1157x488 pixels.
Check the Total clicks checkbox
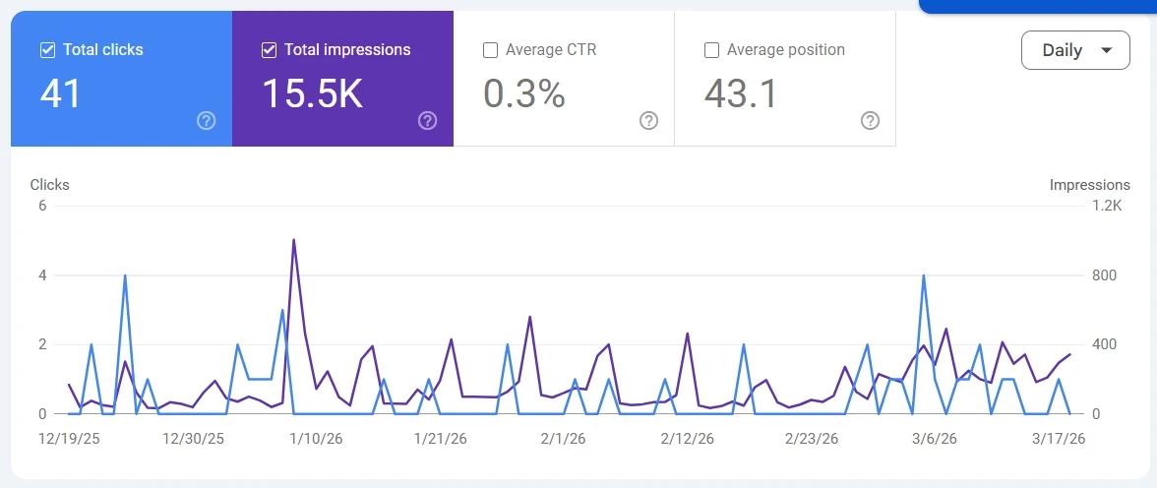point(47,50)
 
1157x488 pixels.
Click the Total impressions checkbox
point(269,50)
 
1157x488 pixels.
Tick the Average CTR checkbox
point(490,50)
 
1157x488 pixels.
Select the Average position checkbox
point(711,50)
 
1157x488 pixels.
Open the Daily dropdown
point(1074,50)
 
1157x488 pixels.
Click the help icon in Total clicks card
point(206,121)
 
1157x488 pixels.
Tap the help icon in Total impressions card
point(427,121)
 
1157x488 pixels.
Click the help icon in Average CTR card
point(648,121)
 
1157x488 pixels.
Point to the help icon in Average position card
point(870,121)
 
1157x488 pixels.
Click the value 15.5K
point(312,93)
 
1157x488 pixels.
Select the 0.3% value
point(523,93)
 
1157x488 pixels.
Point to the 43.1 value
point(741,93)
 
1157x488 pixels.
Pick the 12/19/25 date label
point(68,439)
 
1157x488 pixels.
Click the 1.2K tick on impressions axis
point(1106,206)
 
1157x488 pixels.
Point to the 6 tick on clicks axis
point(42,206)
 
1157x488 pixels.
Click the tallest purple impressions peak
point(294,240)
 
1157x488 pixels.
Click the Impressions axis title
point(1089,185)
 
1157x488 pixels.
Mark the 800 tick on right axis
point(1104,275)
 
